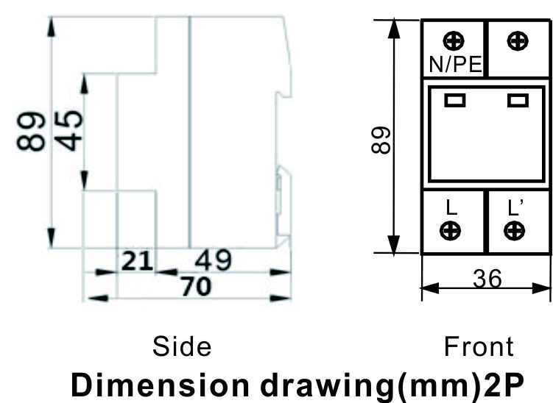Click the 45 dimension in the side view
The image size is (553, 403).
(68, 131)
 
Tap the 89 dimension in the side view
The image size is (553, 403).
(31, 132)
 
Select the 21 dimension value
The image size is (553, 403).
(137, 261)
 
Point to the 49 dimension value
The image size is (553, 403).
(214, 260)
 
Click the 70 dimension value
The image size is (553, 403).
(197, 286)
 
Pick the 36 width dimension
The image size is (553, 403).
(487, 279)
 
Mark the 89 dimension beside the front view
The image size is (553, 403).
(381, 140)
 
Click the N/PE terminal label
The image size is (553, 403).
(455, 65)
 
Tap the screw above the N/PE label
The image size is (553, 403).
(454, 41)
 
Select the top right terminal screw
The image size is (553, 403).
(518, 41)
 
